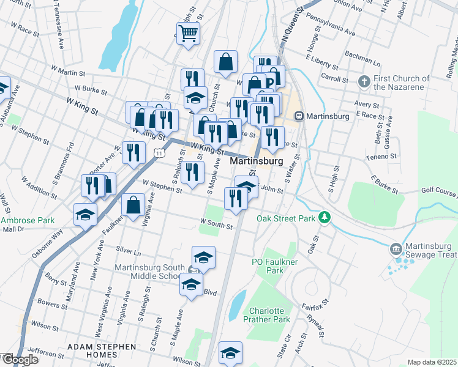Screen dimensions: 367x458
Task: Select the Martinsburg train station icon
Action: coord(299,116)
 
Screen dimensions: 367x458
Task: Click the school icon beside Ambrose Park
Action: coord(85,214)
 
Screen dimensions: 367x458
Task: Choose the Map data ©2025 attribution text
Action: coord(432,362)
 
